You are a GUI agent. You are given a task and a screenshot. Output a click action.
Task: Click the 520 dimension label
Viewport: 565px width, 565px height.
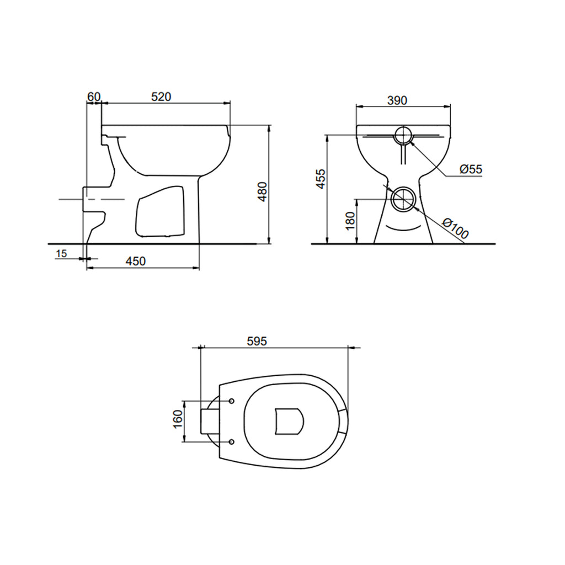(161, 97)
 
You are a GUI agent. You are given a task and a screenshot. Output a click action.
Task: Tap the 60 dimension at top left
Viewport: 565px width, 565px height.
(94, 97)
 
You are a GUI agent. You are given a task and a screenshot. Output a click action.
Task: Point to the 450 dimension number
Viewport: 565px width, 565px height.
(136, 261)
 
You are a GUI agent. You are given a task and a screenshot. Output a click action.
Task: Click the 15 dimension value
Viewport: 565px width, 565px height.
(61, 253)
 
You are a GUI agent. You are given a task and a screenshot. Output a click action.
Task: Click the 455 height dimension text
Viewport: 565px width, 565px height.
(321, 180)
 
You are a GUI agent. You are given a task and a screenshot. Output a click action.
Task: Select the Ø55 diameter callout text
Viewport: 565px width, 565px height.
(471, 169)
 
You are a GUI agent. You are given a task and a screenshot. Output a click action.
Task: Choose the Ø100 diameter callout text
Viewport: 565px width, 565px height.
(456, 228)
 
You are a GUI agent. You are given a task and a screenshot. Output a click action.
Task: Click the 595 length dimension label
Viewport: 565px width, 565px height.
(257, 342)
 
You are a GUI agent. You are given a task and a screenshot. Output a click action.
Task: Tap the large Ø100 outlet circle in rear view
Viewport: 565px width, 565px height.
(404, 199)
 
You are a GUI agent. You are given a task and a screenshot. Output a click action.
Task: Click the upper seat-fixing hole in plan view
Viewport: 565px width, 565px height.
(231, 400)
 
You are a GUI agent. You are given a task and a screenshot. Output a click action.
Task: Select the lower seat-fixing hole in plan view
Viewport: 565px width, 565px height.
(231, 441)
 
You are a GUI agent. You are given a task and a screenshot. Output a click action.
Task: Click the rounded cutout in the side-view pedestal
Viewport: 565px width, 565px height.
(159, 211)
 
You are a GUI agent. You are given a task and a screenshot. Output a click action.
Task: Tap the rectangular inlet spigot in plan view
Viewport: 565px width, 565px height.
(209, 421)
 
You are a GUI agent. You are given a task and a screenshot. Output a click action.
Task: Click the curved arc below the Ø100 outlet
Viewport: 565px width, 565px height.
(403, 227)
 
